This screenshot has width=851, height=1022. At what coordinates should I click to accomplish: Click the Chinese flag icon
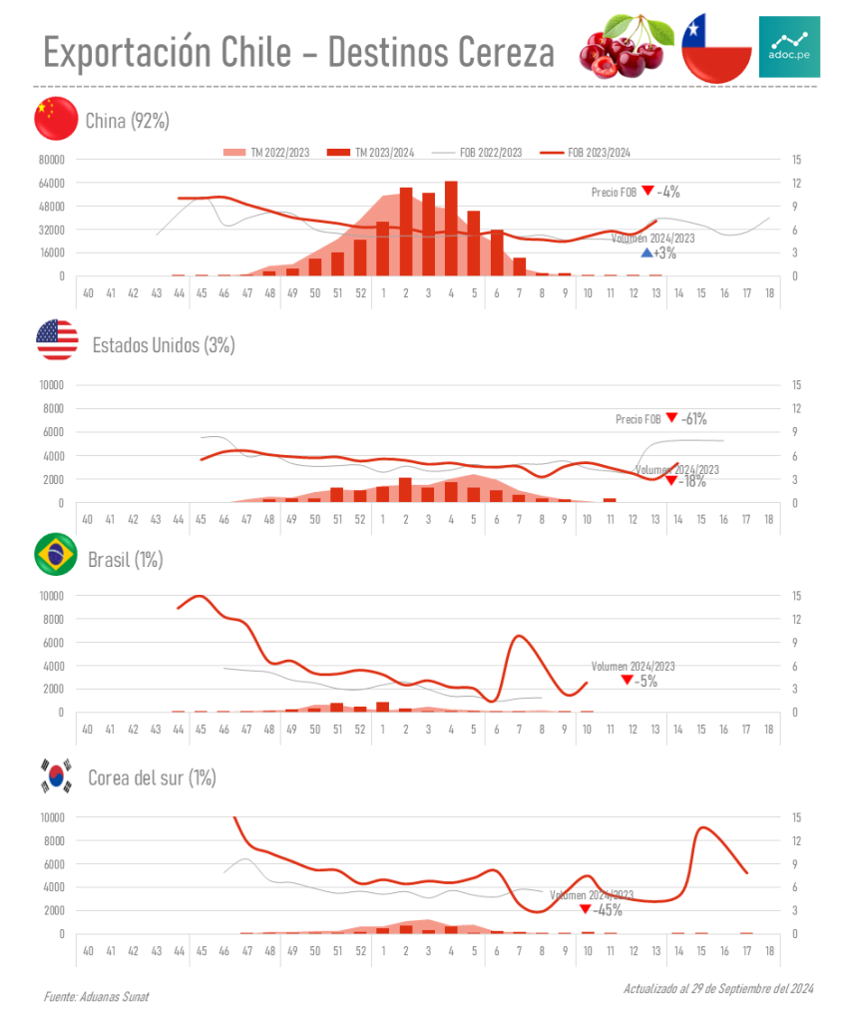56,120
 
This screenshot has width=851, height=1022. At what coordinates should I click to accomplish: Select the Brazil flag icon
57,556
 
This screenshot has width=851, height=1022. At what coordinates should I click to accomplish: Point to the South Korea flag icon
57,775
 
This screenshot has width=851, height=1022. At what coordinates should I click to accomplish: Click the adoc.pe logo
789,47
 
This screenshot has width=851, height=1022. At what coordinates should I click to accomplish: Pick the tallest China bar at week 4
451,229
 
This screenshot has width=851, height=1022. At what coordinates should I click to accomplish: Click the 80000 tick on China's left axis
51,160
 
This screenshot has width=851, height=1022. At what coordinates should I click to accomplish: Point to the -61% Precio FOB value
695,419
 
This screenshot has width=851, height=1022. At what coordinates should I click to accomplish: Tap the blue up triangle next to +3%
646,254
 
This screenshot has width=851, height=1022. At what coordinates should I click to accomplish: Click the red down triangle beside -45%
585,909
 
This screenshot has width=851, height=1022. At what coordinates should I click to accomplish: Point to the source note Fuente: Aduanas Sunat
96,997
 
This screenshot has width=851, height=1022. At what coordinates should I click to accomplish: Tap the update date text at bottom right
718,988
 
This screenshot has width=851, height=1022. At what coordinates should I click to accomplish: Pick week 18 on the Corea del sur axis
768,951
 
